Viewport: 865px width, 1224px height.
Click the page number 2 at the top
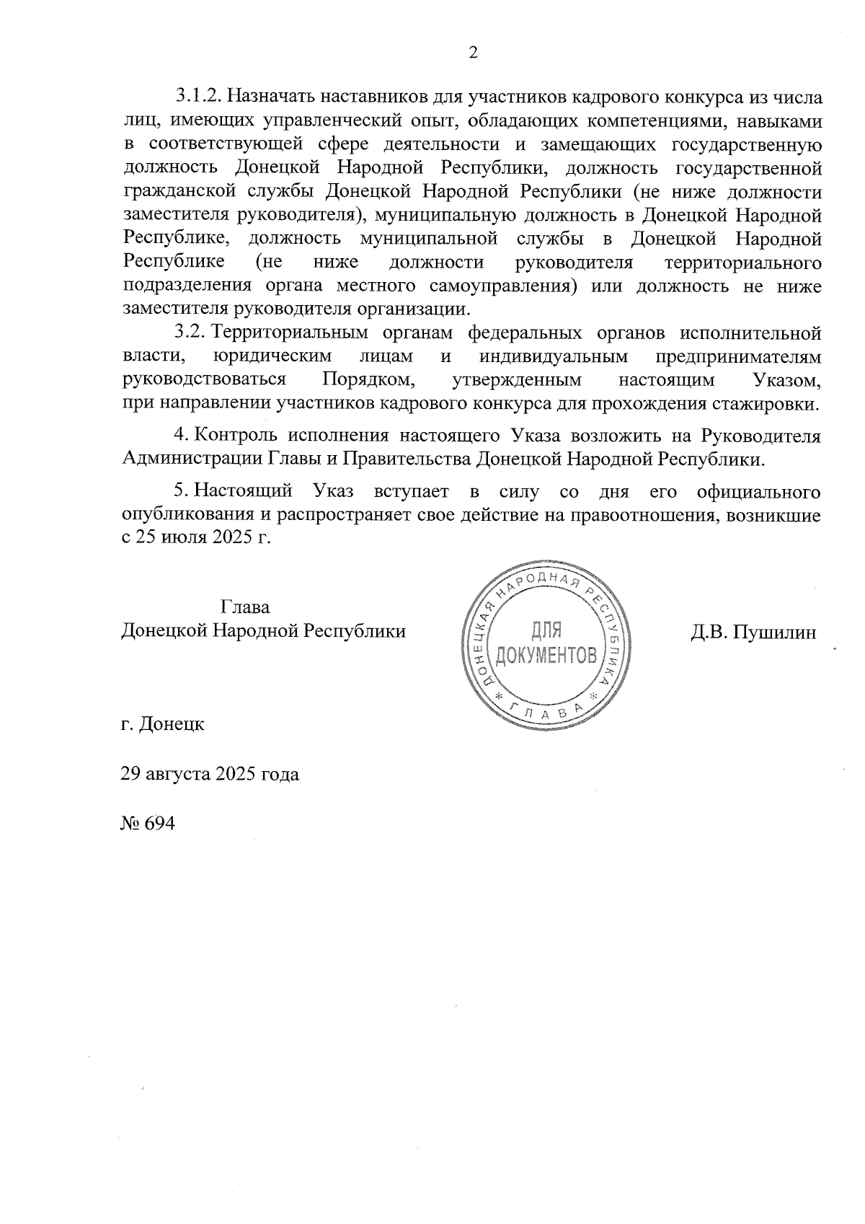tap(473, 53)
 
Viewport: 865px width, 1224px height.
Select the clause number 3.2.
tap(190, 333)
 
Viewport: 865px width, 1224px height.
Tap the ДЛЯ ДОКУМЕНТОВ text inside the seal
tap(545, 643)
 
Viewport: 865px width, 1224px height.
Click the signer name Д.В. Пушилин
tap(753, 633)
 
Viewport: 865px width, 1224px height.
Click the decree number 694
tap(160, 824)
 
